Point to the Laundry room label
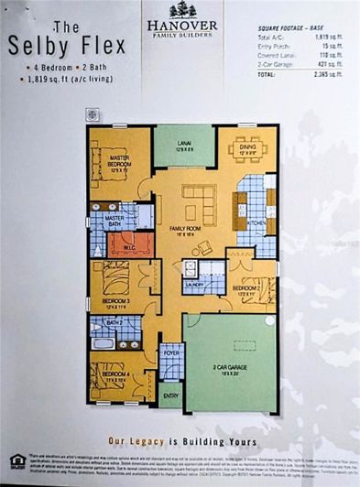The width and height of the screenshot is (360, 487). (x=193, y=284)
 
